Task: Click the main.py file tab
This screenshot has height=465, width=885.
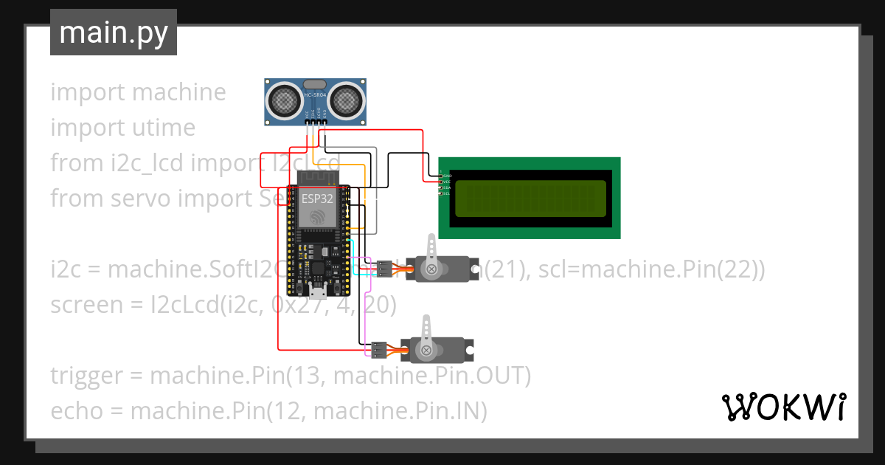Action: point(114,32)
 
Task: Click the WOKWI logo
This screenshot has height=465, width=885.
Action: point(782,407)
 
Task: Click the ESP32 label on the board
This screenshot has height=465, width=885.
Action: point(316,199)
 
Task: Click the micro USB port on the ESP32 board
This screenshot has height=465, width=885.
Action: point(317,286)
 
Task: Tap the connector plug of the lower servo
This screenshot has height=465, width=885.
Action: point(378,348)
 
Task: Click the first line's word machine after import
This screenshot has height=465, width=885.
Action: point(178,93)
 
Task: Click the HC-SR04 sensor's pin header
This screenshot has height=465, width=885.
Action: point(316,121)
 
